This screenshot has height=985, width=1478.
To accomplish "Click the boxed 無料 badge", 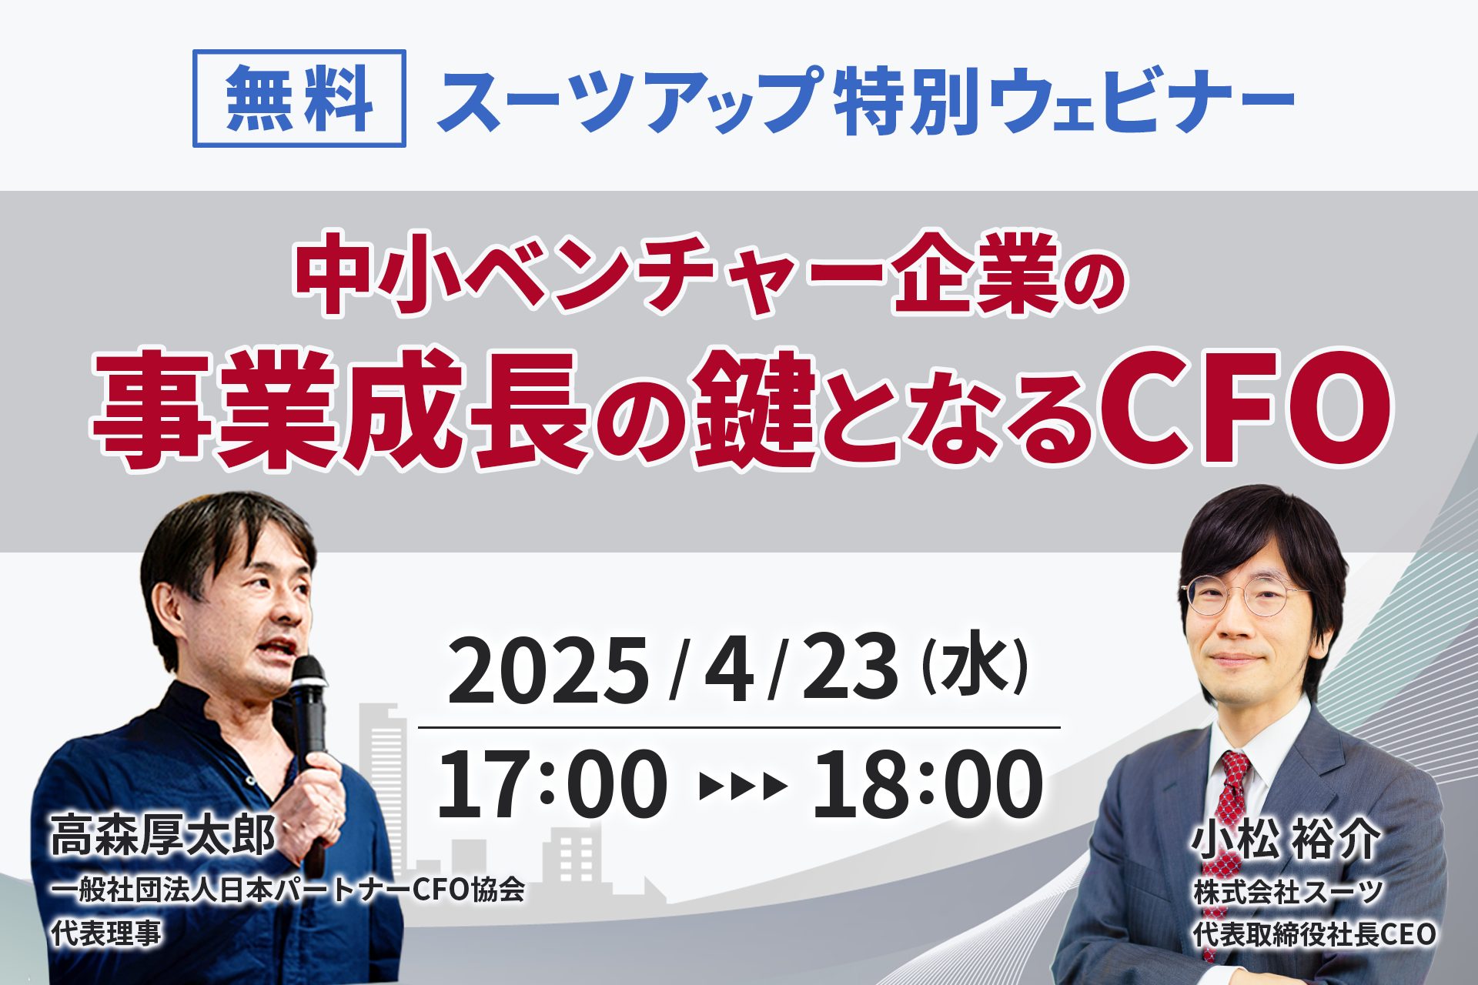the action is [299, 98].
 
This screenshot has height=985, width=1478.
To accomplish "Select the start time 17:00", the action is [552, 784].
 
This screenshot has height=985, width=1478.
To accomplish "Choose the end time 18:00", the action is [928, 784].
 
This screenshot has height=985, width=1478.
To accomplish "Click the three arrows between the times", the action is [743, 786].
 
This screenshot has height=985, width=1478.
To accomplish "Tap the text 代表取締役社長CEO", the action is [1315, 934].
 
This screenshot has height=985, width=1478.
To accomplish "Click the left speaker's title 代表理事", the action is [106, 934].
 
